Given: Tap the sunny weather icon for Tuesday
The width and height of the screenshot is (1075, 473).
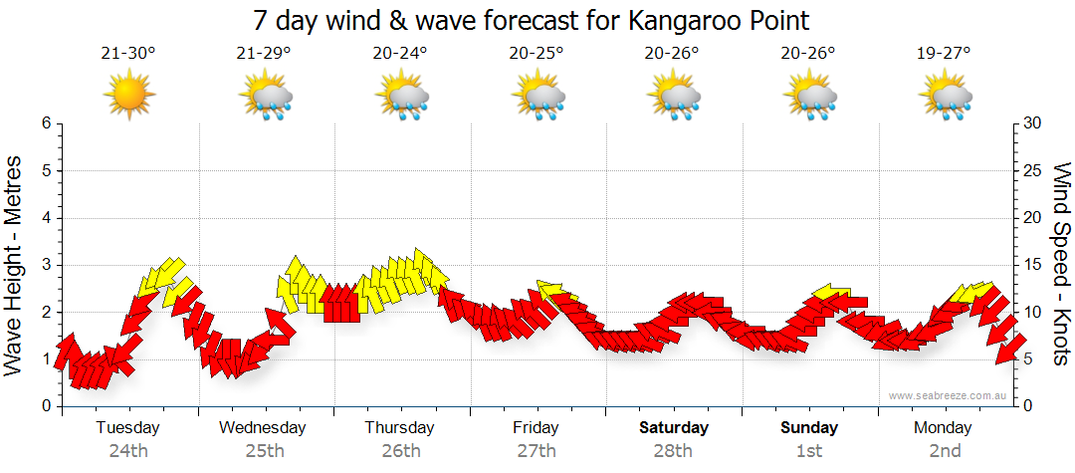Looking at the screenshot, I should coord(128,95).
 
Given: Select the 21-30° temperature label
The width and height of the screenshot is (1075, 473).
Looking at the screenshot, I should coord(128,54).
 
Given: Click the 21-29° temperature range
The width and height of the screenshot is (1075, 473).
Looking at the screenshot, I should coord(264,54).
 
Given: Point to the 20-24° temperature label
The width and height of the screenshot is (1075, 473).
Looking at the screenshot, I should coord(400,54).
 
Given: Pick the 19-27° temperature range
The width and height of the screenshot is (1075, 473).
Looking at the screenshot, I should coord(944,54).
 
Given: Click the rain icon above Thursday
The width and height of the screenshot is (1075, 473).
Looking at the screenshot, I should coord(401,97).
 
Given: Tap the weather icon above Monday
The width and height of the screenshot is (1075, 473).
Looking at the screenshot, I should coord(945,97).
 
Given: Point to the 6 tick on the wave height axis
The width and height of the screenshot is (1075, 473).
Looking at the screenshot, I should coord(45,123).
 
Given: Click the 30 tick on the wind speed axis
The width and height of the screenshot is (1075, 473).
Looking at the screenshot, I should coord(1034,123).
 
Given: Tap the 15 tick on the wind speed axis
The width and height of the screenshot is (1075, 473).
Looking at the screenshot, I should coord(1034,265).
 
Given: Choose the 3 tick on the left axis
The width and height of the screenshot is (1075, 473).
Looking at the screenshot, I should coord(45,265).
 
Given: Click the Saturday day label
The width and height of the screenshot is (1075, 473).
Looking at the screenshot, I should coord(673,428).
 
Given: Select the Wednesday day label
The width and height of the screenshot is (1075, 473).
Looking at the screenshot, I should coord(263,428).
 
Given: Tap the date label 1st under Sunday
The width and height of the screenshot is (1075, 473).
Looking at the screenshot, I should coord(809,451).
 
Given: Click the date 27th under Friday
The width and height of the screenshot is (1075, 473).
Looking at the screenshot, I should coord(537,451).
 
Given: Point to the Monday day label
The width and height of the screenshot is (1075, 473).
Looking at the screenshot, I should coord(944,428).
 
